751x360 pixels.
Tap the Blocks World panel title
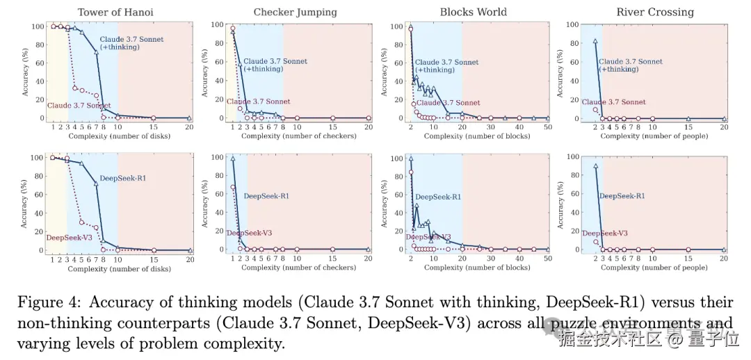pos(474,12)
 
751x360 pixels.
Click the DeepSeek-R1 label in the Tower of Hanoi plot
pos(122,179)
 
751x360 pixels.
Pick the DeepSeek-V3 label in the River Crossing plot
pos(605,234)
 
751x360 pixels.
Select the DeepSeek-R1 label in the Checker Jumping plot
pos(265,196)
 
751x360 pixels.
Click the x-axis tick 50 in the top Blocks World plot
pos(547,127)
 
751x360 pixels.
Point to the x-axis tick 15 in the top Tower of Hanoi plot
pos(153,127)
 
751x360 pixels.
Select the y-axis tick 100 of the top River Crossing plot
pos(572,25)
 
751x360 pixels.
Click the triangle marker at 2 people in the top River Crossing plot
pos(595,41)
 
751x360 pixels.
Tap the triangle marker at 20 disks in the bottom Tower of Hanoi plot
pos(189,250)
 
